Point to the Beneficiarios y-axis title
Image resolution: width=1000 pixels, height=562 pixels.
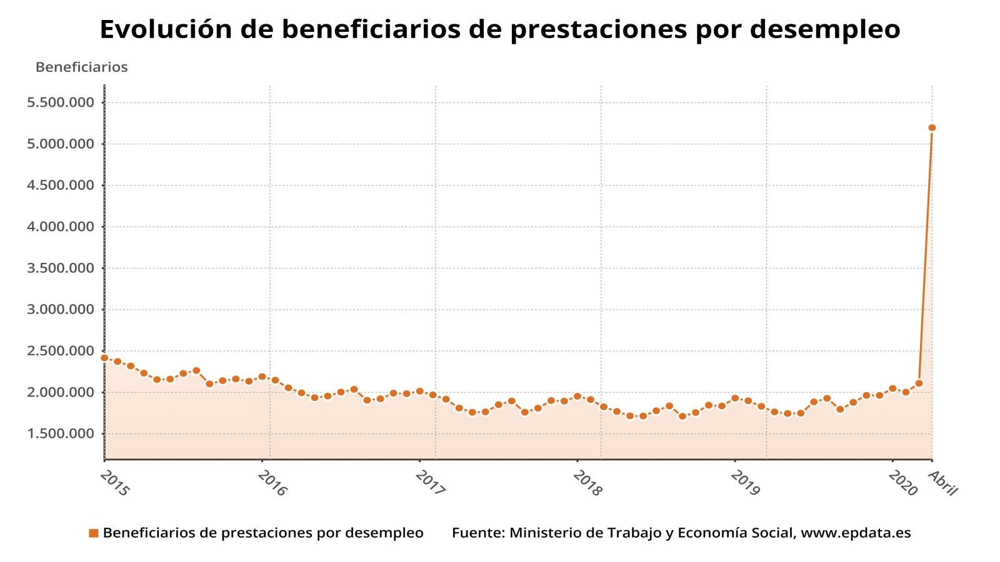[x=81, y=67]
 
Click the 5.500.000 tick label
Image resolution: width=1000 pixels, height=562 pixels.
[x=61, y=102]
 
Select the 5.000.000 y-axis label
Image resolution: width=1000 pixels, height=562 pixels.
[x=61, y=144]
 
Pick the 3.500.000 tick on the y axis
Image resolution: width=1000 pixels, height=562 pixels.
[x=61, y=269]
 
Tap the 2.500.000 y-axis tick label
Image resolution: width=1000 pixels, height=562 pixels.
[x=61, y=351]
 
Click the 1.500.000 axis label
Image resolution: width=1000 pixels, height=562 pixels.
[x=61, y=434]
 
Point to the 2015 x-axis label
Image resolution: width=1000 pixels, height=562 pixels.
[x=114, y=483]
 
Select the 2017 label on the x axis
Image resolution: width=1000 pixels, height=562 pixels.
[x=430, y=483]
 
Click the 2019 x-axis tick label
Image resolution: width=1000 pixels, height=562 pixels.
[x=745, y=483]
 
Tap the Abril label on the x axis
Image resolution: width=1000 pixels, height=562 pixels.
[x=942, y=483]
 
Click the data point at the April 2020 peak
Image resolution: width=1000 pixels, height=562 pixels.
[x=932, y=128]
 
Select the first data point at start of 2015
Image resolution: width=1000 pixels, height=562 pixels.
[x=104, y=358]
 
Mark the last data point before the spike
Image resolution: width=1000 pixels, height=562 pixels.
[x=919, y=383]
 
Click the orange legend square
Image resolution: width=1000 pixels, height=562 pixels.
[x=94, y=533]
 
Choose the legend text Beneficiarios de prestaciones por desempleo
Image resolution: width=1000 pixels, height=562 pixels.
[x=263, y=533]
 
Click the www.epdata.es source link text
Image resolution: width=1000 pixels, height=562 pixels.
[x=856, y=533]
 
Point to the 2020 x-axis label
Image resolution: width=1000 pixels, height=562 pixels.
[x=902, y=483]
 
